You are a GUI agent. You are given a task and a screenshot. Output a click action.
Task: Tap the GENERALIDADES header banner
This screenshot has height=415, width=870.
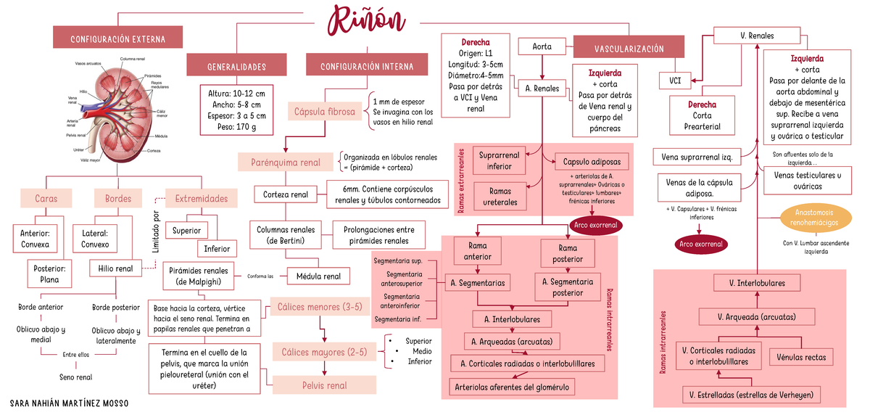coord(236,67)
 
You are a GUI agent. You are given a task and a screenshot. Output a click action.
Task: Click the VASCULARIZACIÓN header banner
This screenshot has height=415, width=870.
coord(629,49)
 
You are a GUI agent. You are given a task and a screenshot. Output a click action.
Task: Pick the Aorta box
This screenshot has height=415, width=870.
coord(542,46)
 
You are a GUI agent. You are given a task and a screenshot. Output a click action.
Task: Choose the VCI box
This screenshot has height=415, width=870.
coord(674,80)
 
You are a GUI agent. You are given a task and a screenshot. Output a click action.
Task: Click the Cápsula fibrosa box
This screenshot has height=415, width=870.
coord(324,112)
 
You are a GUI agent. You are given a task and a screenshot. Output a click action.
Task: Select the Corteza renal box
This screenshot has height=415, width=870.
coord(285,194)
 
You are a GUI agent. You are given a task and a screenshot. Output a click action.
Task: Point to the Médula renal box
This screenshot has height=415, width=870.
coord(318,276)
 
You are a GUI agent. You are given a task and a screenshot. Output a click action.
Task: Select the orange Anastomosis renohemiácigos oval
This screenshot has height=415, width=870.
coord(816,215)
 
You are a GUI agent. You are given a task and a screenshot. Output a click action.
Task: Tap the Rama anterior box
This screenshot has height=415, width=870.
coord(477,252)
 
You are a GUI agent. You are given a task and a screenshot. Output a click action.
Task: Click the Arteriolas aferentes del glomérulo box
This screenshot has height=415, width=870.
coord(511,387)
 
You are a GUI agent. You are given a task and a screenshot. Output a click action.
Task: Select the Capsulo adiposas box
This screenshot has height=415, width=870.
coord(587,161)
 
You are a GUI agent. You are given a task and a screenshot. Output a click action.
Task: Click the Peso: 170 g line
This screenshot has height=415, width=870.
coord(236,127)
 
